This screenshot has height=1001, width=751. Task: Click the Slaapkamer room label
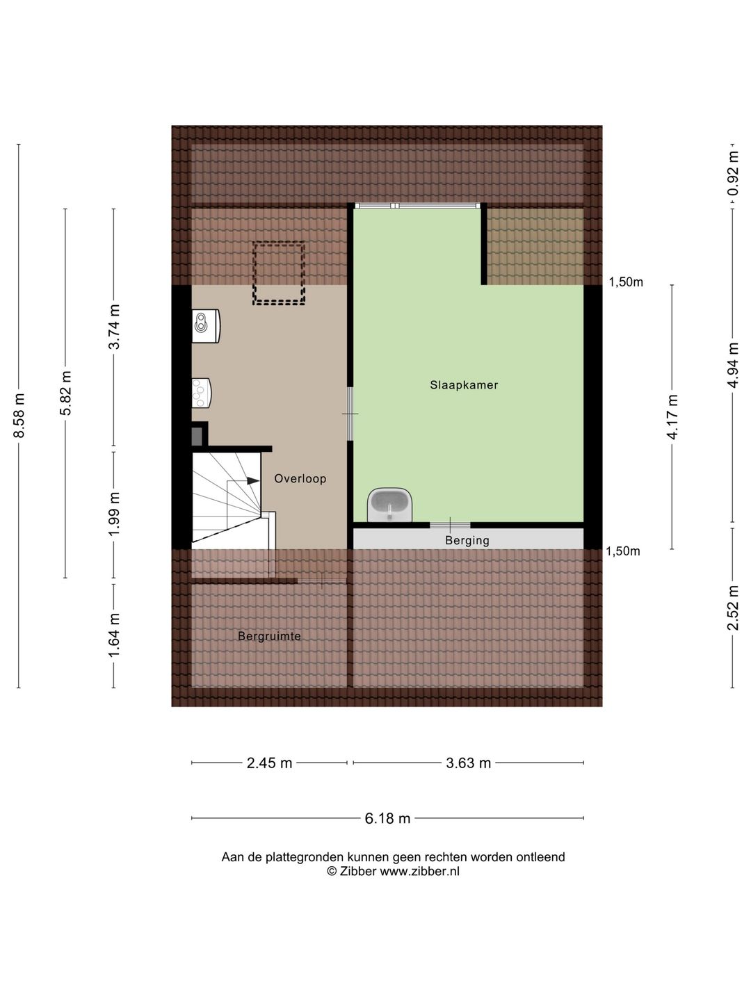click(464, 385)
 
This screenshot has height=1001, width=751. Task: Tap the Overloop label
click(300, 479)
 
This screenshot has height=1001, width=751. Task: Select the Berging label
click(467, 541)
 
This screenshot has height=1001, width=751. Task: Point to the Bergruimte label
click(270, 636)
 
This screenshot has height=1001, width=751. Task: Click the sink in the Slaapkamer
click(390, 505)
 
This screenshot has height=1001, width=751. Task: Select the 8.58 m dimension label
click(19, 415)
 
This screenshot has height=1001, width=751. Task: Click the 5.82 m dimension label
click(65, 393)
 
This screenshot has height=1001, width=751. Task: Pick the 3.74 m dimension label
click(113, 327)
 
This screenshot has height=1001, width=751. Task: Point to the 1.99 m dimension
click(113, 514)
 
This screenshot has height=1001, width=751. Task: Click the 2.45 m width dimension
click(269, 763)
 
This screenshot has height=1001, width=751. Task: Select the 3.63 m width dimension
click(468, 763)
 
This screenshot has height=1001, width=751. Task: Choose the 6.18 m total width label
click(387, 819)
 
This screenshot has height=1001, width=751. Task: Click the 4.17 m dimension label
click(672, 417)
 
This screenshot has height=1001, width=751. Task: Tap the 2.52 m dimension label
click(733, 608)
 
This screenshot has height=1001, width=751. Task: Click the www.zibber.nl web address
click(419, 872)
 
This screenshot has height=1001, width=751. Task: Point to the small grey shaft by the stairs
click(197, 437)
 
